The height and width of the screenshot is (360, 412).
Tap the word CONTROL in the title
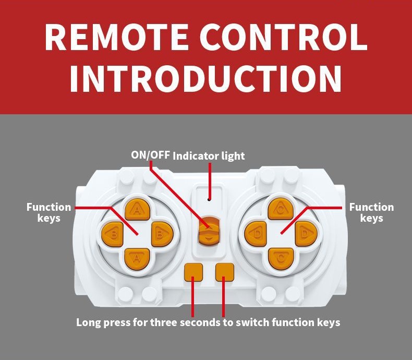coord(282,37)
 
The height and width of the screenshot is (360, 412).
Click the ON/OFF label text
coord(150,155)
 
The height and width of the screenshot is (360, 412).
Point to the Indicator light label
coord(209,155)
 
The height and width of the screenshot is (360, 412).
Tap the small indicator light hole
coord(209,199)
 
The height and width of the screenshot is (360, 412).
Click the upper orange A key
coord(137,210)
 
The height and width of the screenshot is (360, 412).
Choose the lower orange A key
coord(137,258)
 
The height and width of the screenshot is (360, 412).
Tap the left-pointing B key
coord(113,234)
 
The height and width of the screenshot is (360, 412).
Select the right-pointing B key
coord(161,234)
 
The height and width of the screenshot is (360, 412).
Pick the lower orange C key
coord(281,258)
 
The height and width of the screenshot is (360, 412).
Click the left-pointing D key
coord(256,233)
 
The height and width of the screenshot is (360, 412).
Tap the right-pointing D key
coord(305,233)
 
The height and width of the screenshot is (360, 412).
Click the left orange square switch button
coord(193,271)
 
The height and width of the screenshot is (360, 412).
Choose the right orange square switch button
coord(224,271)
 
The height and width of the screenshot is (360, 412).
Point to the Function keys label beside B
coord(49,212)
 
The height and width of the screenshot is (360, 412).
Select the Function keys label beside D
coord(371,212)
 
